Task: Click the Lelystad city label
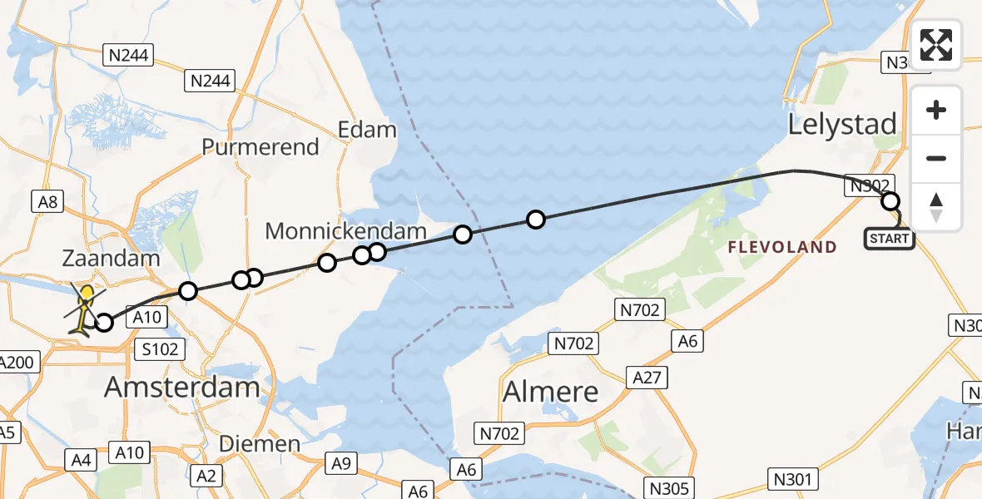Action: [x=842, y=126]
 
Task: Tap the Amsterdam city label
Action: [x=182, y=388]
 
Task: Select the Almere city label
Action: [x=551, y=391]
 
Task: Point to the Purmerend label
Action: [x=260, y=147]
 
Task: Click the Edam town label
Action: [x=366, y=130]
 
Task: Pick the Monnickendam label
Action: [x=345, y=231]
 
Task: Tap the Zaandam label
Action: [x=111, y=259]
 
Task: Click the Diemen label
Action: [x=259, y=444]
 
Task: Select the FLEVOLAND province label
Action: [x=782, y=247]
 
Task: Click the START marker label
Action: [x=889, y=240]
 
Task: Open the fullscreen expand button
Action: [x=936, y=45]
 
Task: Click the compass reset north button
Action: [x=936, y=207]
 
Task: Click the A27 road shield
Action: [x=647, y=378]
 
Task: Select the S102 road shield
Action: [x=160, y=349]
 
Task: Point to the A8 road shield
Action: [x=47, y=201]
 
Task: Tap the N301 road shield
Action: [x=791, y=478]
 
